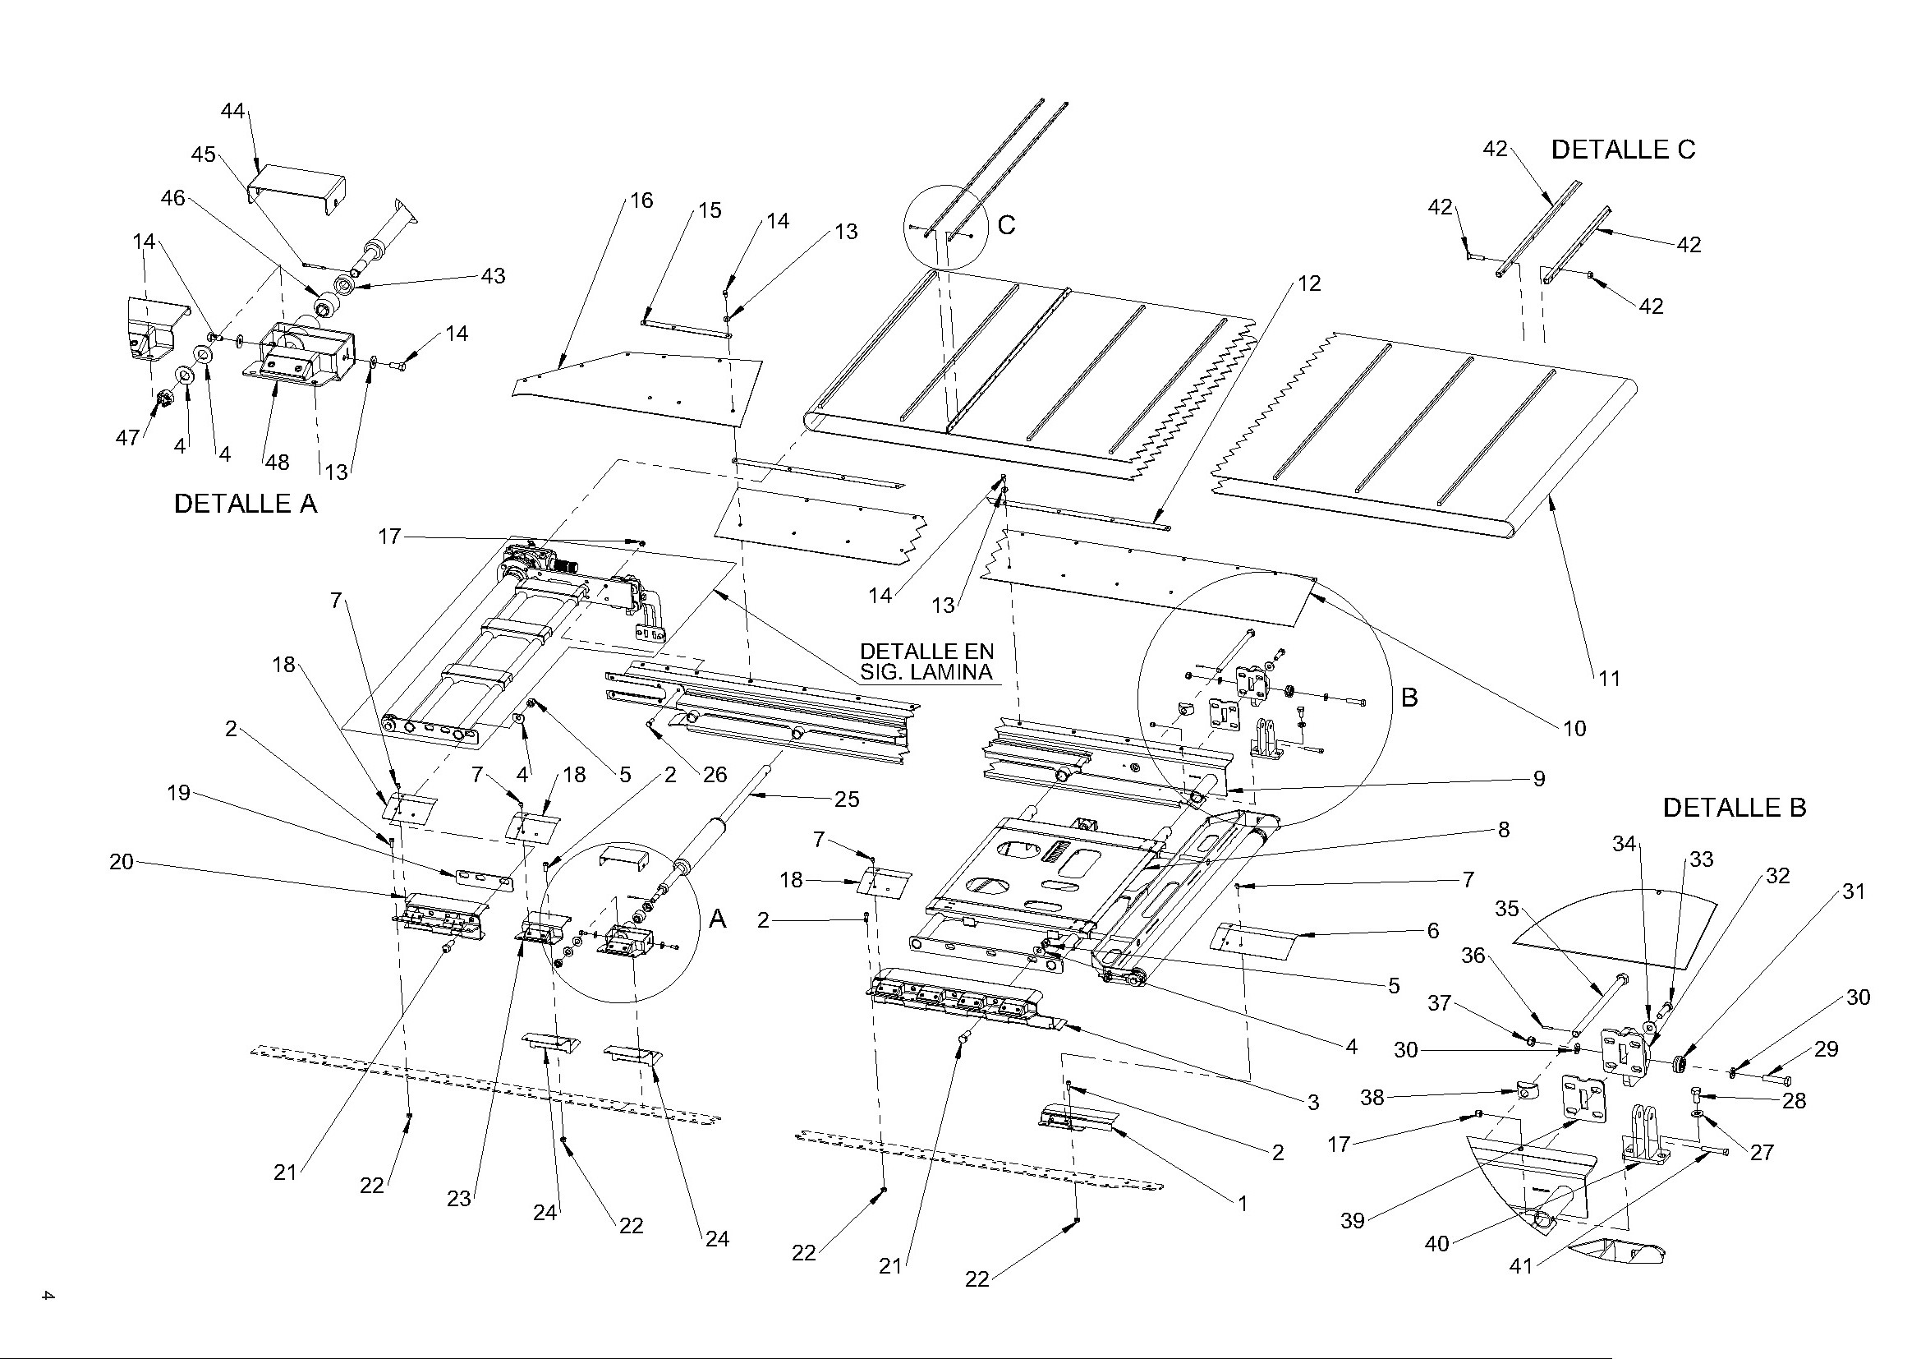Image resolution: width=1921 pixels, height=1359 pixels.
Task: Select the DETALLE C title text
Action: tap(1622, 150)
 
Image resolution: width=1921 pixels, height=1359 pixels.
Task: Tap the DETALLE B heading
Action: tap(1735, 808)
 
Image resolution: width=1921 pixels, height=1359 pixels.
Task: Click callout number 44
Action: tap(232, 110)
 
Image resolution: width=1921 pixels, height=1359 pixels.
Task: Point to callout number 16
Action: tap(641, 200)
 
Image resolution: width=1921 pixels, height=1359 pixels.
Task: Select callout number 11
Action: tap(1610, 678)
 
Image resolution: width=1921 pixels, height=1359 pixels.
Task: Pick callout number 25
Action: tap(847, 799)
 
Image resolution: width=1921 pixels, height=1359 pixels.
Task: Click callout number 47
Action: tap(127, 437)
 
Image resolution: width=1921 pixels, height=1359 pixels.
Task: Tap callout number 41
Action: tap(1520, 1266)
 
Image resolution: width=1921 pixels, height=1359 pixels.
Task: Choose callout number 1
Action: tap(1243, 1204)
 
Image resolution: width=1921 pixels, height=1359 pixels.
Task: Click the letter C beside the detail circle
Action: tap(1007, 225)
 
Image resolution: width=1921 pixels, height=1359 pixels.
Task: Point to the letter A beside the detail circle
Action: tap(718, 919)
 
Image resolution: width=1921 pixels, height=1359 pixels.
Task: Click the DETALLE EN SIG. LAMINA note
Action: tap(926, 661)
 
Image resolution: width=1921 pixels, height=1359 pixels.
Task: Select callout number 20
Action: tap(122, 861)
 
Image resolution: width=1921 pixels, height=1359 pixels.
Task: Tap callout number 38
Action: tap(1372, 1097)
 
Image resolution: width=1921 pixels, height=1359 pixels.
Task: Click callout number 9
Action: tap(1538, 778)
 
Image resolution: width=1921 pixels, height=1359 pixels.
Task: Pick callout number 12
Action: tap(1309, 283)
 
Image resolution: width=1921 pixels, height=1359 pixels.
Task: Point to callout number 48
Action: tap(277, 462)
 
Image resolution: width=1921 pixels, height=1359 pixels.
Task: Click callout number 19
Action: tap(179, 792)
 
